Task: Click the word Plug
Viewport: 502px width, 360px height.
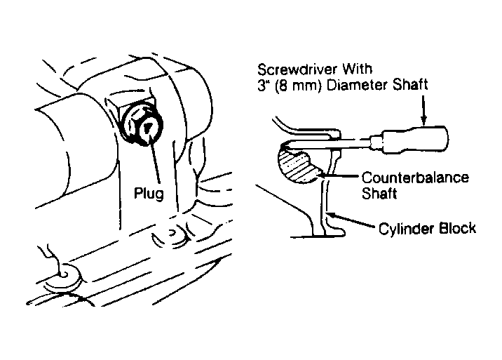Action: (150, 193)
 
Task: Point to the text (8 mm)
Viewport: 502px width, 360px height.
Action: (295, 86)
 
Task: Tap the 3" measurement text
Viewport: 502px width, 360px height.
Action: (263, 86)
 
